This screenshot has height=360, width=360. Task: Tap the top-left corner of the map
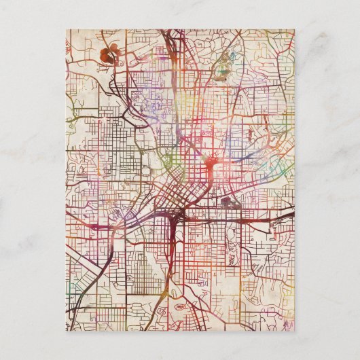click(x=67, y=29)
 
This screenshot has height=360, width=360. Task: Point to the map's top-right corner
click(x=294, y=29)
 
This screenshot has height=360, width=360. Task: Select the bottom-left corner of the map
click(x=67, y=331)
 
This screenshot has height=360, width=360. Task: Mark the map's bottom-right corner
click(x=294, y=331)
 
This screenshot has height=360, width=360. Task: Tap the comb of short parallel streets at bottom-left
click(x=82, y=319)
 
